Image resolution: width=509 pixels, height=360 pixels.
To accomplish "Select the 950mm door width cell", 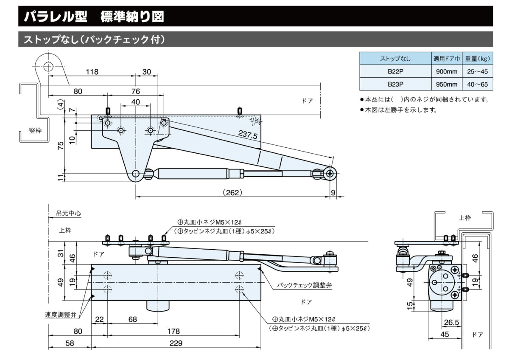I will point(446,84).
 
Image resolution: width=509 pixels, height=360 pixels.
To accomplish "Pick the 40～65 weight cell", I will point(478,84).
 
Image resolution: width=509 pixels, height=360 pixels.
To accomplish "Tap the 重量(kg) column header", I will point(478,58).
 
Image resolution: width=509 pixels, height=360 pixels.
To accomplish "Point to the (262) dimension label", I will point(232,192).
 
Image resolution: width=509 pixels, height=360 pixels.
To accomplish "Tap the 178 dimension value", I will point(173,331).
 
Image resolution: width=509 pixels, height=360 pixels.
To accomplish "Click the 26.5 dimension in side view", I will point(451,323).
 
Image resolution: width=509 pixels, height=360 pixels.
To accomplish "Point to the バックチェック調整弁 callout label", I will point(304,285).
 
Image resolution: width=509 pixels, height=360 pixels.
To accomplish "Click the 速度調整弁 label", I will point(60,315).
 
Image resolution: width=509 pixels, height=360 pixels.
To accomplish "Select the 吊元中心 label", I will point(68,214).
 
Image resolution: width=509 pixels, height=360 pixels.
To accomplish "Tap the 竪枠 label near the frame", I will point(35,130).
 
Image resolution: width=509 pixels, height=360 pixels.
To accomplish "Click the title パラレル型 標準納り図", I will point(93,17).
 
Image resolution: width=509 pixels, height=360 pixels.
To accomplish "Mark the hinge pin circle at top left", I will point(48,66).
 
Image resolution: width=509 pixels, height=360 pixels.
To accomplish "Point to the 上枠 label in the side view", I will point(465,218).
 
